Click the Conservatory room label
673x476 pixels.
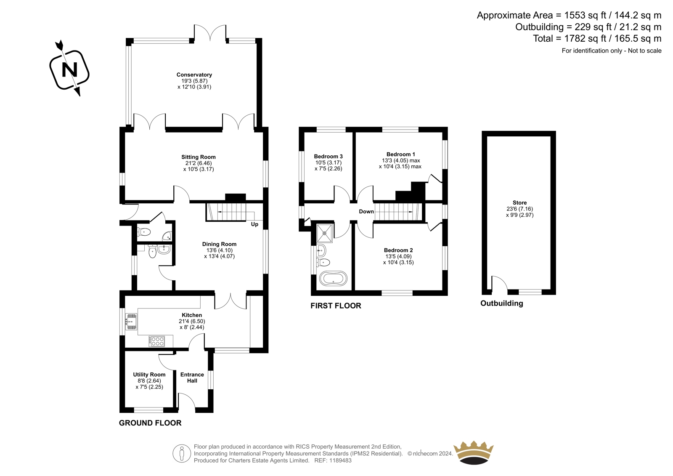tap(194, 74)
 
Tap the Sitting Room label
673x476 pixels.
tap(198, 157)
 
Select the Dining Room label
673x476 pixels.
tap(219, 244)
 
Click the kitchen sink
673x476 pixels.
tap(131, 322)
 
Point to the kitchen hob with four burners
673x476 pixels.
tap(156, 341)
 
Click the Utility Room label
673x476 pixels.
tap(149, 375)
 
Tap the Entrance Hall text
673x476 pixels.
tap(192, 378)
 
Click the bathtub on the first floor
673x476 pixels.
tap(333, 279)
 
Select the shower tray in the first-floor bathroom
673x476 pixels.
tap(325, 233)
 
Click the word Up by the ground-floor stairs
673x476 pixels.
tap(254, 225)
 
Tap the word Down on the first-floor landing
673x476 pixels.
tap(366, 212)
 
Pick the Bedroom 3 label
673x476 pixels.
tap(328, 157)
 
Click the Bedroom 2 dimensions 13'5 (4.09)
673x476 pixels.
tap(398, 256)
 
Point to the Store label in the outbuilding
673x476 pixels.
tap(519, 203)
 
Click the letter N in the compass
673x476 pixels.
tap(69, 70)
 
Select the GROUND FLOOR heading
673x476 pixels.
tap(150, 423)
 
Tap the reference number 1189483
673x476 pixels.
tap(340, 460)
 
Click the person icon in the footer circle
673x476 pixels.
tap(181, 453)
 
